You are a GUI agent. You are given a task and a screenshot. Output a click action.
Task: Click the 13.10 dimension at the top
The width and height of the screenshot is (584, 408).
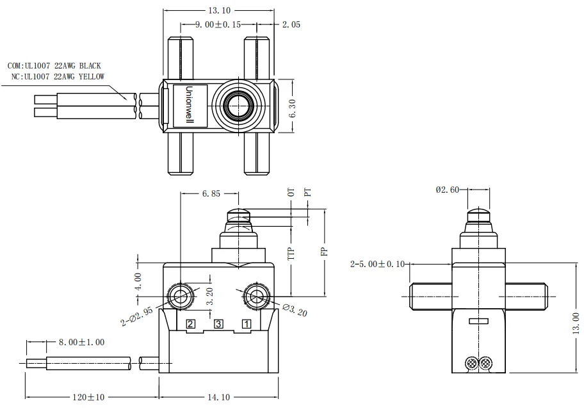coord(218,11)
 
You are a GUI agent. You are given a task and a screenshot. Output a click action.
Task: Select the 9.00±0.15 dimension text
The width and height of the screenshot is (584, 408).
coord(218,25)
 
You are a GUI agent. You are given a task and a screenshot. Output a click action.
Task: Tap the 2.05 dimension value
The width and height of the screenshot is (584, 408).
coord(291,25)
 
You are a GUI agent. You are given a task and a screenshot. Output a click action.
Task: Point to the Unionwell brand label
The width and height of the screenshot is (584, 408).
coord(190,105)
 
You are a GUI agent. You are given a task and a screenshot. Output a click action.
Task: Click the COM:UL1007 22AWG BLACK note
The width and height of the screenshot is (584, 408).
coord(54,66)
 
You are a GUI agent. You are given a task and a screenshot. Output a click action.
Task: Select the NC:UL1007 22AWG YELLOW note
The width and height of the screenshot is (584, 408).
coord(58,77)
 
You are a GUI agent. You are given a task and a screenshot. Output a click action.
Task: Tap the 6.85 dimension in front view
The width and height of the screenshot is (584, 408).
coord(211,193)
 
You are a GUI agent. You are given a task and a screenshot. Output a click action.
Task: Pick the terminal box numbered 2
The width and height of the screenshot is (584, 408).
coord(190,324)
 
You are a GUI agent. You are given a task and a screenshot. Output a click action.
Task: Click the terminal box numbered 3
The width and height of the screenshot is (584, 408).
coord(218,324)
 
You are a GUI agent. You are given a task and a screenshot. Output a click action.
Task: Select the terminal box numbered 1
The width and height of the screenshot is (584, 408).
coord(246,324)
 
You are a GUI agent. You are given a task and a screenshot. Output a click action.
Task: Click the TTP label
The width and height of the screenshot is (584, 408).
coord(291,251)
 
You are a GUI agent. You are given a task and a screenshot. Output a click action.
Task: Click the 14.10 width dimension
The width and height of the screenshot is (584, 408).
coord(219,397)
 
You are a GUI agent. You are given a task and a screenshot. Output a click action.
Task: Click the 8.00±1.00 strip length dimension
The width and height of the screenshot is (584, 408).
coord(81,343)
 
